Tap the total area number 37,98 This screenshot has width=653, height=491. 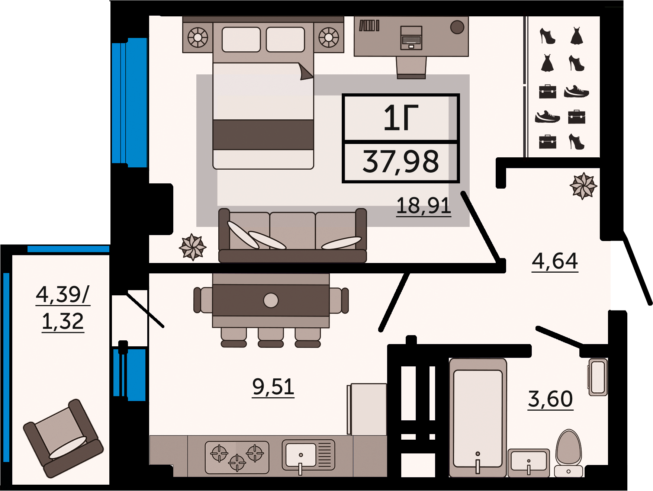[x=401, y=162]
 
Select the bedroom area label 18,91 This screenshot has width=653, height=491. [x=424, y=206]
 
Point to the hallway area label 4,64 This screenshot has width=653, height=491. [x=555, y=261]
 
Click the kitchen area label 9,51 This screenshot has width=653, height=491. [x=273, y=387]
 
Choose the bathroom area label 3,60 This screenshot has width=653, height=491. [x=551, y=399]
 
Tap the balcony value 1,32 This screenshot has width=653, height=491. [x=63, y=321]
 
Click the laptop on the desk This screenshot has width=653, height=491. [x=411, y=38]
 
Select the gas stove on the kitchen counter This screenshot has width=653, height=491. [x=237, y=457]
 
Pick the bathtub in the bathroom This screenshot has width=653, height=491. [x=478, y=418]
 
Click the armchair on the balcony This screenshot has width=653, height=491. [x=63, y=438]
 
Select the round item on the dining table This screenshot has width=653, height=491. [x=271, y=300]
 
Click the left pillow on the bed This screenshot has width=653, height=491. [x=241, y=39]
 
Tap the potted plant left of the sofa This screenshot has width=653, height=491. [x=193, y=247]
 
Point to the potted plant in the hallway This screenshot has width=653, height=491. [x=583, y=186]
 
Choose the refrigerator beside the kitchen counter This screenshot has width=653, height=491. [x=367, y=409]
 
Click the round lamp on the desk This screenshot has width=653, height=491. [x=457, y=27]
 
